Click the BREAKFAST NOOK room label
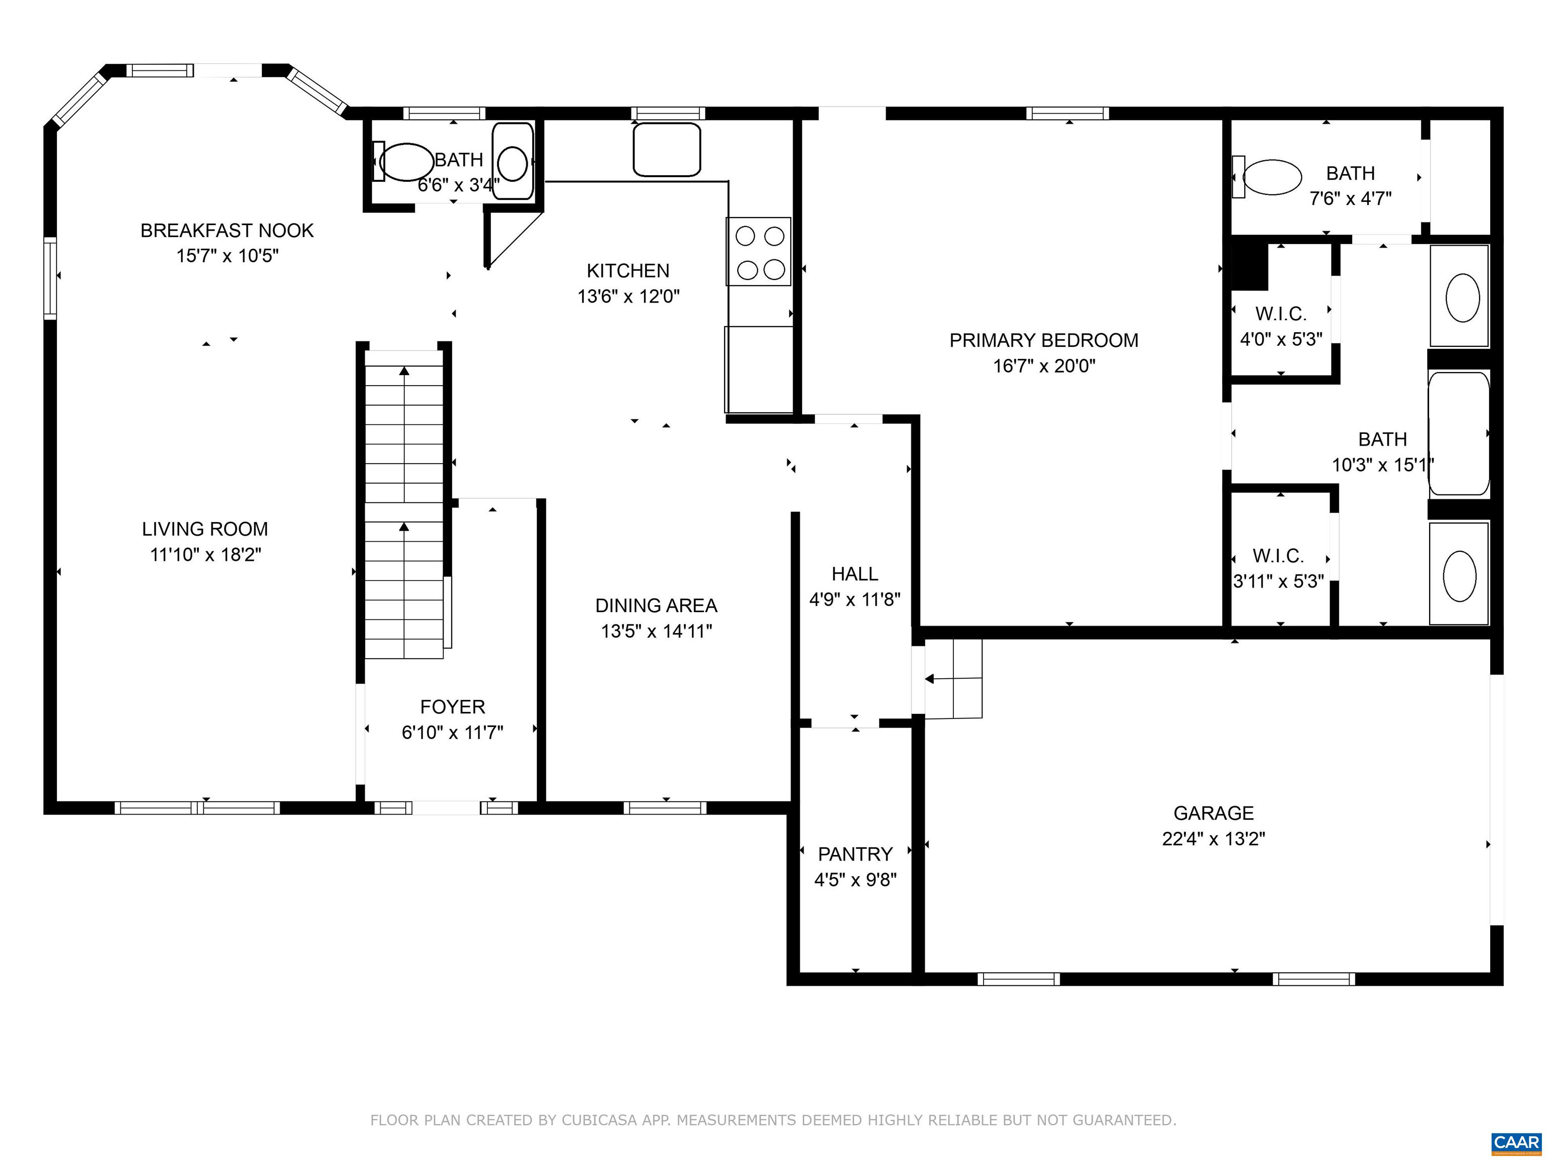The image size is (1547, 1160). click(x=227, y=231)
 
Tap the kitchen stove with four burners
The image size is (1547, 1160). click(x=759, y=252)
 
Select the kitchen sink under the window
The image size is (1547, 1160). click(x=667, y=150)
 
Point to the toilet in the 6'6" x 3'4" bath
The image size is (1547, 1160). click(x=405, y=162)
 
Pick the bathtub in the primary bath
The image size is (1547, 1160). click(x=1459, y=433)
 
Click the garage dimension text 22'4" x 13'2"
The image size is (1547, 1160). click(x=1214, y=838)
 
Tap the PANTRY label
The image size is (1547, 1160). click(x=855, y=854)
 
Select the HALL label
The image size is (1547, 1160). click(x=855, y=574)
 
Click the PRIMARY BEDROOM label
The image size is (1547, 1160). click(x=1043, y=340)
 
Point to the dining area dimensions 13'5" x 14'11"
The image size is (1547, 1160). click(x=656, y=631)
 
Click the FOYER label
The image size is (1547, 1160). click(x=453, y=707)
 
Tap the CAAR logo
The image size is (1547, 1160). click(x=1516, y=1142)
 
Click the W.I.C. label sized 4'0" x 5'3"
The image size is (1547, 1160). click(x=1281, y=313)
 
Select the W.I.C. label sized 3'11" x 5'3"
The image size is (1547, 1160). click(x=1279, y=556)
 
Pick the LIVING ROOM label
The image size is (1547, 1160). click(x=205, y=529)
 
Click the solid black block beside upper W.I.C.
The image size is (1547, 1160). click(x=1249, y=266)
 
